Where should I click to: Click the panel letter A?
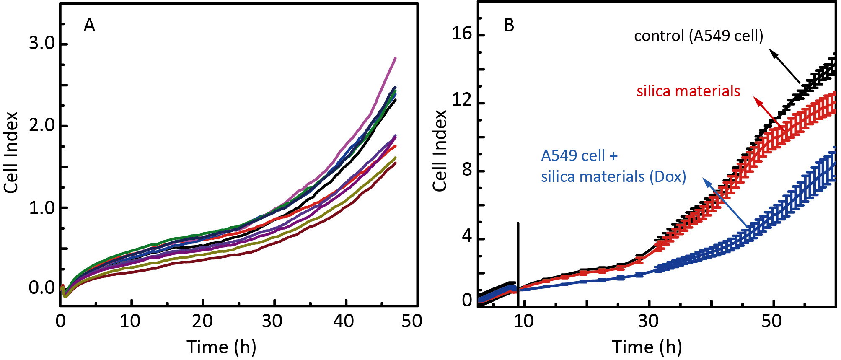pyautogui.click(x=89, y=26)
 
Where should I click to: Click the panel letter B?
pyautogui.click(x=509, y=26)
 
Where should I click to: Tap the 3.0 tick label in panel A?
pyautogui.click(x=42, y=43)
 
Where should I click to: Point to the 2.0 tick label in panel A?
pyautogui.click(x=42, y=125)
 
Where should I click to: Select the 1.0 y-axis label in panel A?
pyautogui.click(x=42, y=208)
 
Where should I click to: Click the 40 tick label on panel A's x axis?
pyautogui.click(x=344, y=321)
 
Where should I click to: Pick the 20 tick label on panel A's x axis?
pyautogui.click(x=202, y=321)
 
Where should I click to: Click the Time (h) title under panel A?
pyautogui.click(x=221, y=347)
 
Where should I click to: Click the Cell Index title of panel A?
pyautogui.click(x=11, y=153)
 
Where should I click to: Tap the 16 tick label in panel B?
pyautogui.click(x=462, y=34)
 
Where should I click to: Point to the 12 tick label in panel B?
pyautogui.click(x=462, y=101)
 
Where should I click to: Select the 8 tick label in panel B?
pyautogui.click(x=467, y=170)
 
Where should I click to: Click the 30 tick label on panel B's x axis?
pyautogui.click(x=648, y=321)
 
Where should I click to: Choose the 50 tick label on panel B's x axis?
pyautogui.click(x=771, y=321)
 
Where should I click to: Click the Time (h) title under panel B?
pyautogui.click(x=647, y=347)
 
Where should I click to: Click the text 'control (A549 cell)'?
pyautogui.click(x=699, y=36)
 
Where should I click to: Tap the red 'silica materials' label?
pyautogui.click(x=688, y=91)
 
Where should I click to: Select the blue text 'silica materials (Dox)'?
pyautogui.click(x=613, y=177)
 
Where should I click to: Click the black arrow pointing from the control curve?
pyautogui.click(x=785, y=66)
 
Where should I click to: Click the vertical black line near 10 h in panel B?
pyautogui.click(x=518, y=264)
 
